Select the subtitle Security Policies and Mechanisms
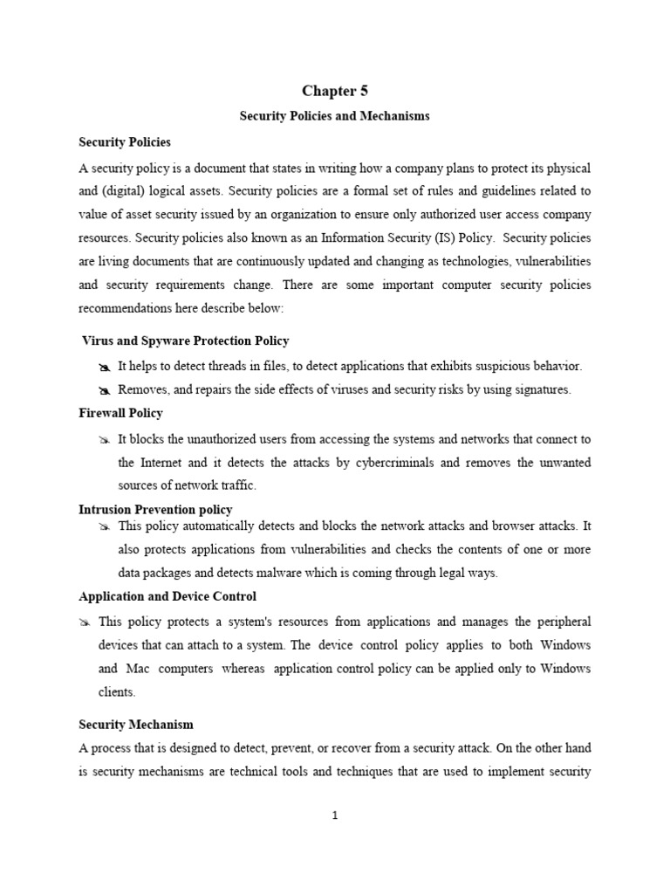click(x=335, y=116)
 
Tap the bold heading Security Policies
click(x=125, y=141)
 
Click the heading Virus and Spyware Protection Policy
click(x=185, y=340)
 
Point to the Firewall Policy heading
click(x=120, y=413)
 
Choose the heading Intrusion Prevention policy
click(x=155, y=509)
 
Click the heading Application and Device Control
click(x=167, y=597)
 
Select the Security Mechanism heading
click(x=136, y=725)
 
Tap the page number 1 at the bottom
click(x=335, y=815)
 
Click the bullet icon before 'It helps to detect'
click(x=106, y=367)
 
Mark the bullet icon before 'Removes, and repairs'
click(x=106, y=390)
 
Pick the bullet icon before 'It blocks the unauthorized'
click(x=106, y=439)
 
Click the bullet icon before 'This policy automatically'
click(x=106, y=526)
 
